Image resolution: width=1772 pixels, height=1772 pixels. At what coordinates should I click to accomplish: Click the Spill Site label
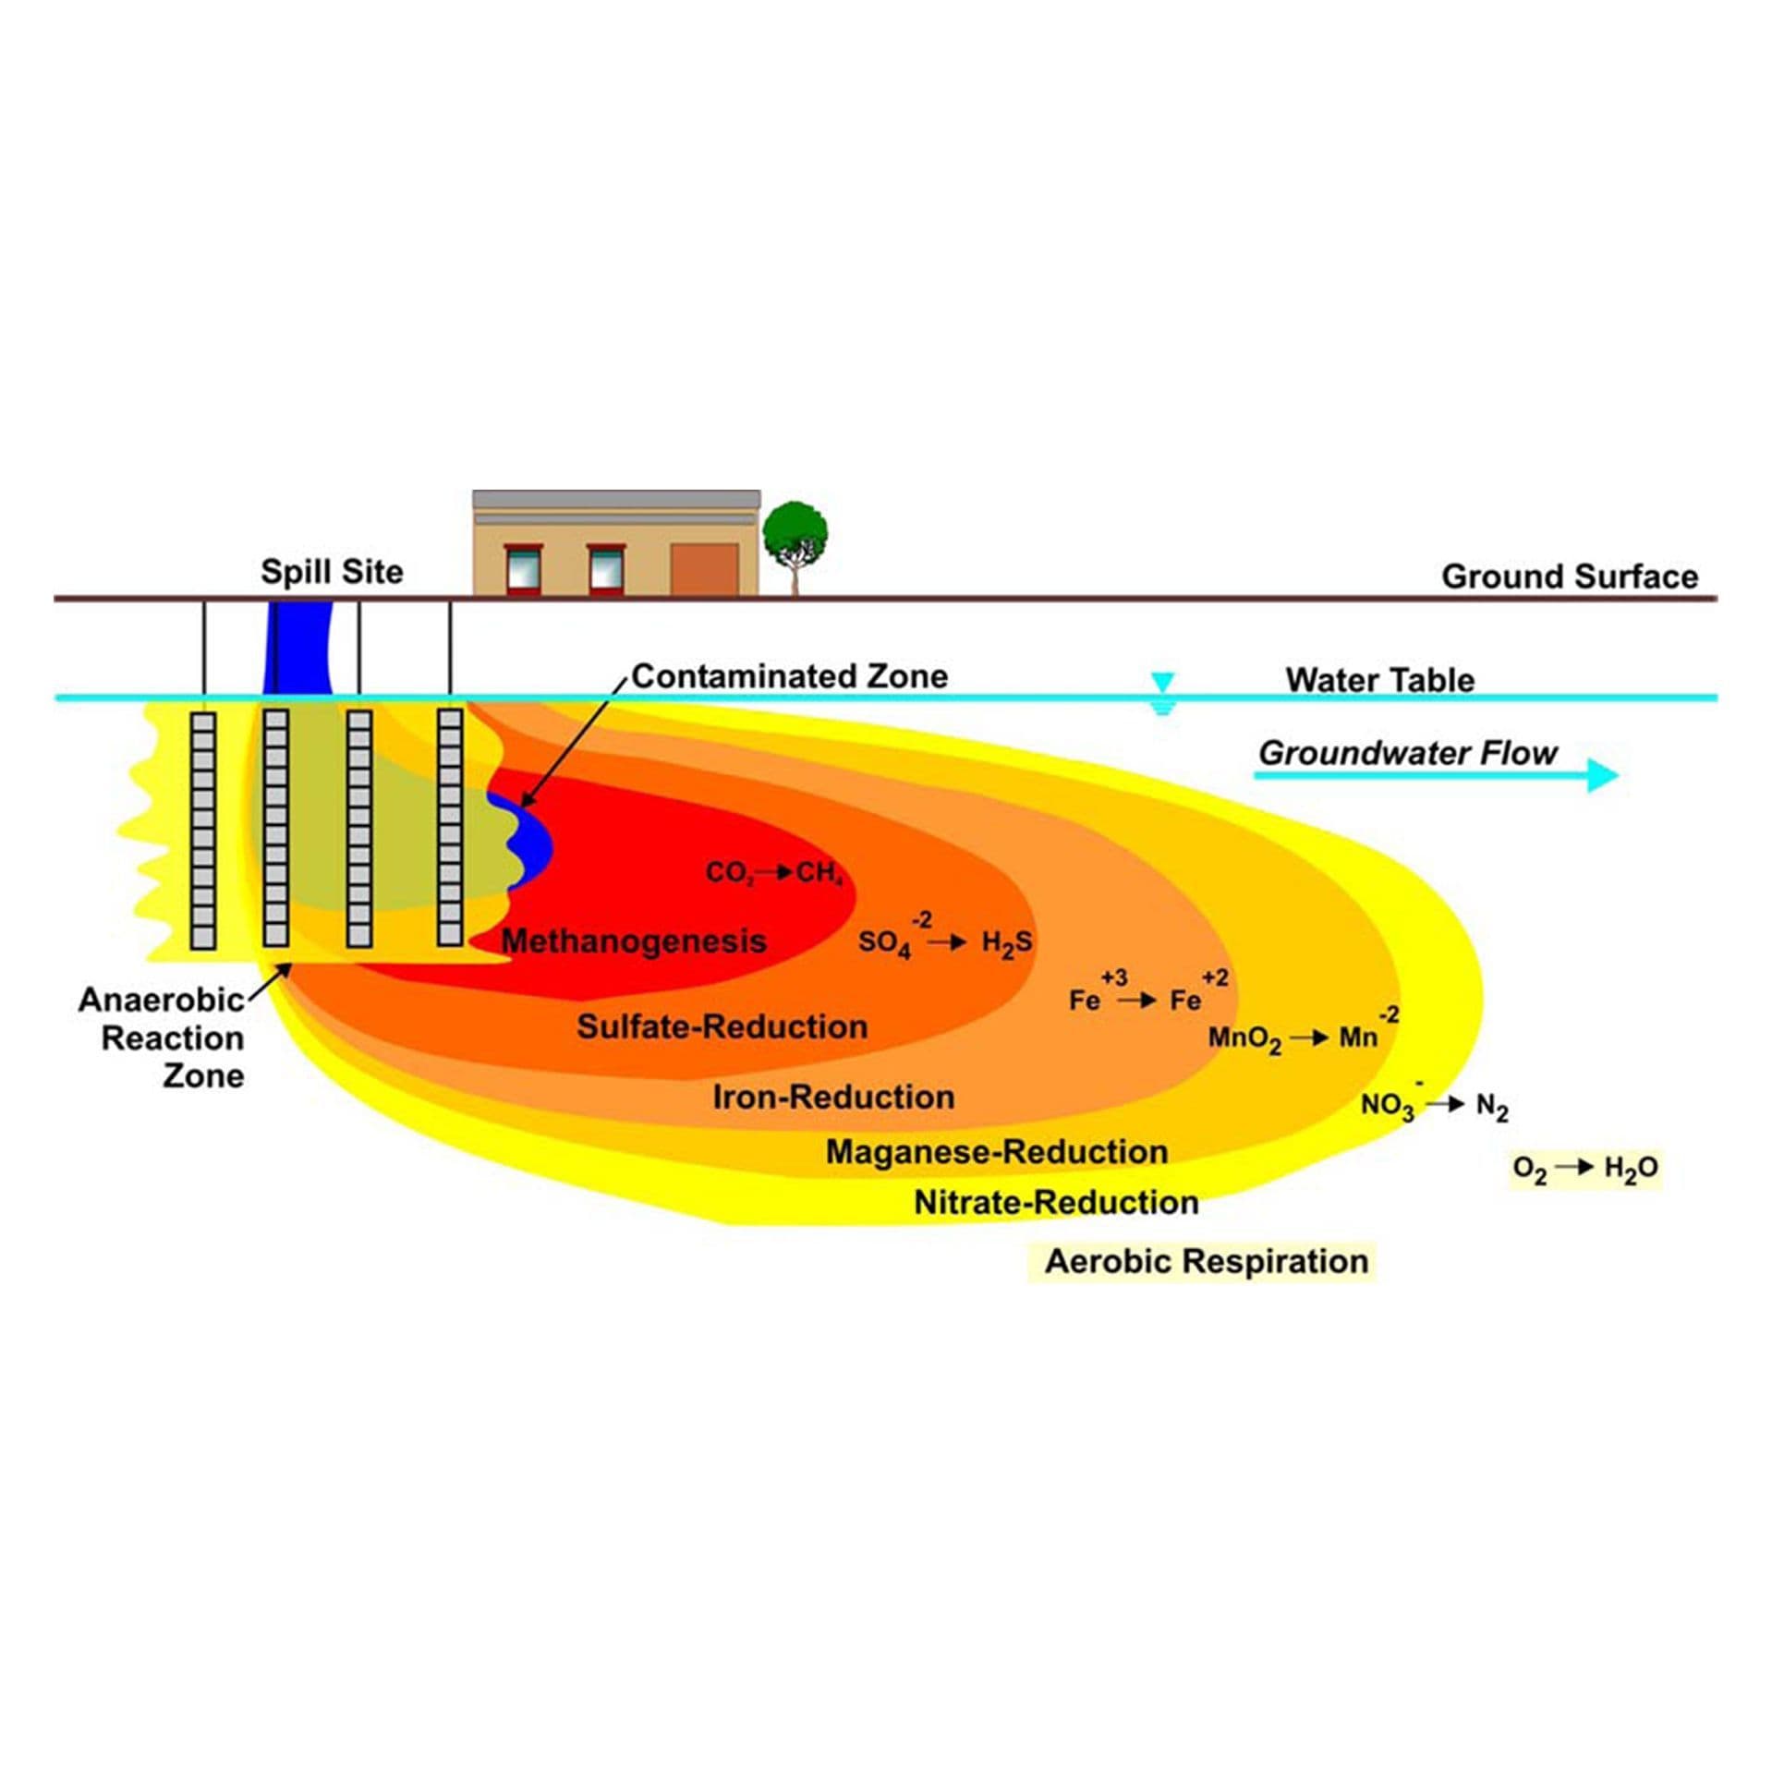pyautogui.click(x=332, y=572)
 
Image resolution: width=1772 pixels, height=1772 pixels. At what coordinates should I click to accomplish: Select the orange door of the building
pyautogui.click(x=704, y=569)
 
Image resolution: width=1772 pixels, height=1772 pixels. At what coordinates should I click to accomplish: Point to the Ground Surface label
pyautogui.click(x=1570, y=577)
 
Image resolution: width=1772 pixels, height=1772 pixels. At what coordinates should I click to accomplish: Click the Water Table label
pyautogui.click(x=1379, y=680)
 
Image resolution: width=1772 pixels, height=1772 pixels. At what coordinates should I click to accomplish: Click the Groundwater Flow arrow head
pyautogui.click(x=1602, y=774)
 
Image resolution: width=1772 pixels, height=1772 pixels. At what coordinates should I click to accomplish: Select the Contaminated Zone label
pyautogui.click(x=790, y=676)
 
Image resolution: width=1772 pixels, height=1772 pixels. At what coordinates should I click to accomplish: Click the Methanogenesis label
pyautogui.click(x=634, y=941)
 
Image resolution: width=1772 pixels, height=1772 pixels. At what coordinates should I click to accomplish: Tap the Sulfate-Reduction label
pyautogui.click(x=722, y=1026)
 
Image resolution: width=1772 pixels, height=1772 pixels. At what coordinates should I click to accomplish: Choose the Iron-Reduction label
pyautogui.click(x=833, y=1097)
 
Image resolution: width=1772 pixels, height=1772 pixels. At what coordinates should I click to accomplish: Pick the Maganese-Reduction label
pyautogui.click(x=997, y=1151)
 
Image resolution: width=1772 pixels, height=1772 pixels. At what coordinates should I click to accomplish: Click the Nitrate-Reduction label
pyautogui.click(x=1056, y=1202)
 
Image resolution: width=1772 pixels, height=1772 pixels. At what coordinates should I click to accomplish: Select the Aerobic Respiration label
pyautogui.click(x=1206, y=1261)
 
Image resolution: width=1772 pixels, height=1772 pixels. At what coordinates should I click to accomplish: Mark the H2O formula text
pyautogui.click(x=1631, y=1169)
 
